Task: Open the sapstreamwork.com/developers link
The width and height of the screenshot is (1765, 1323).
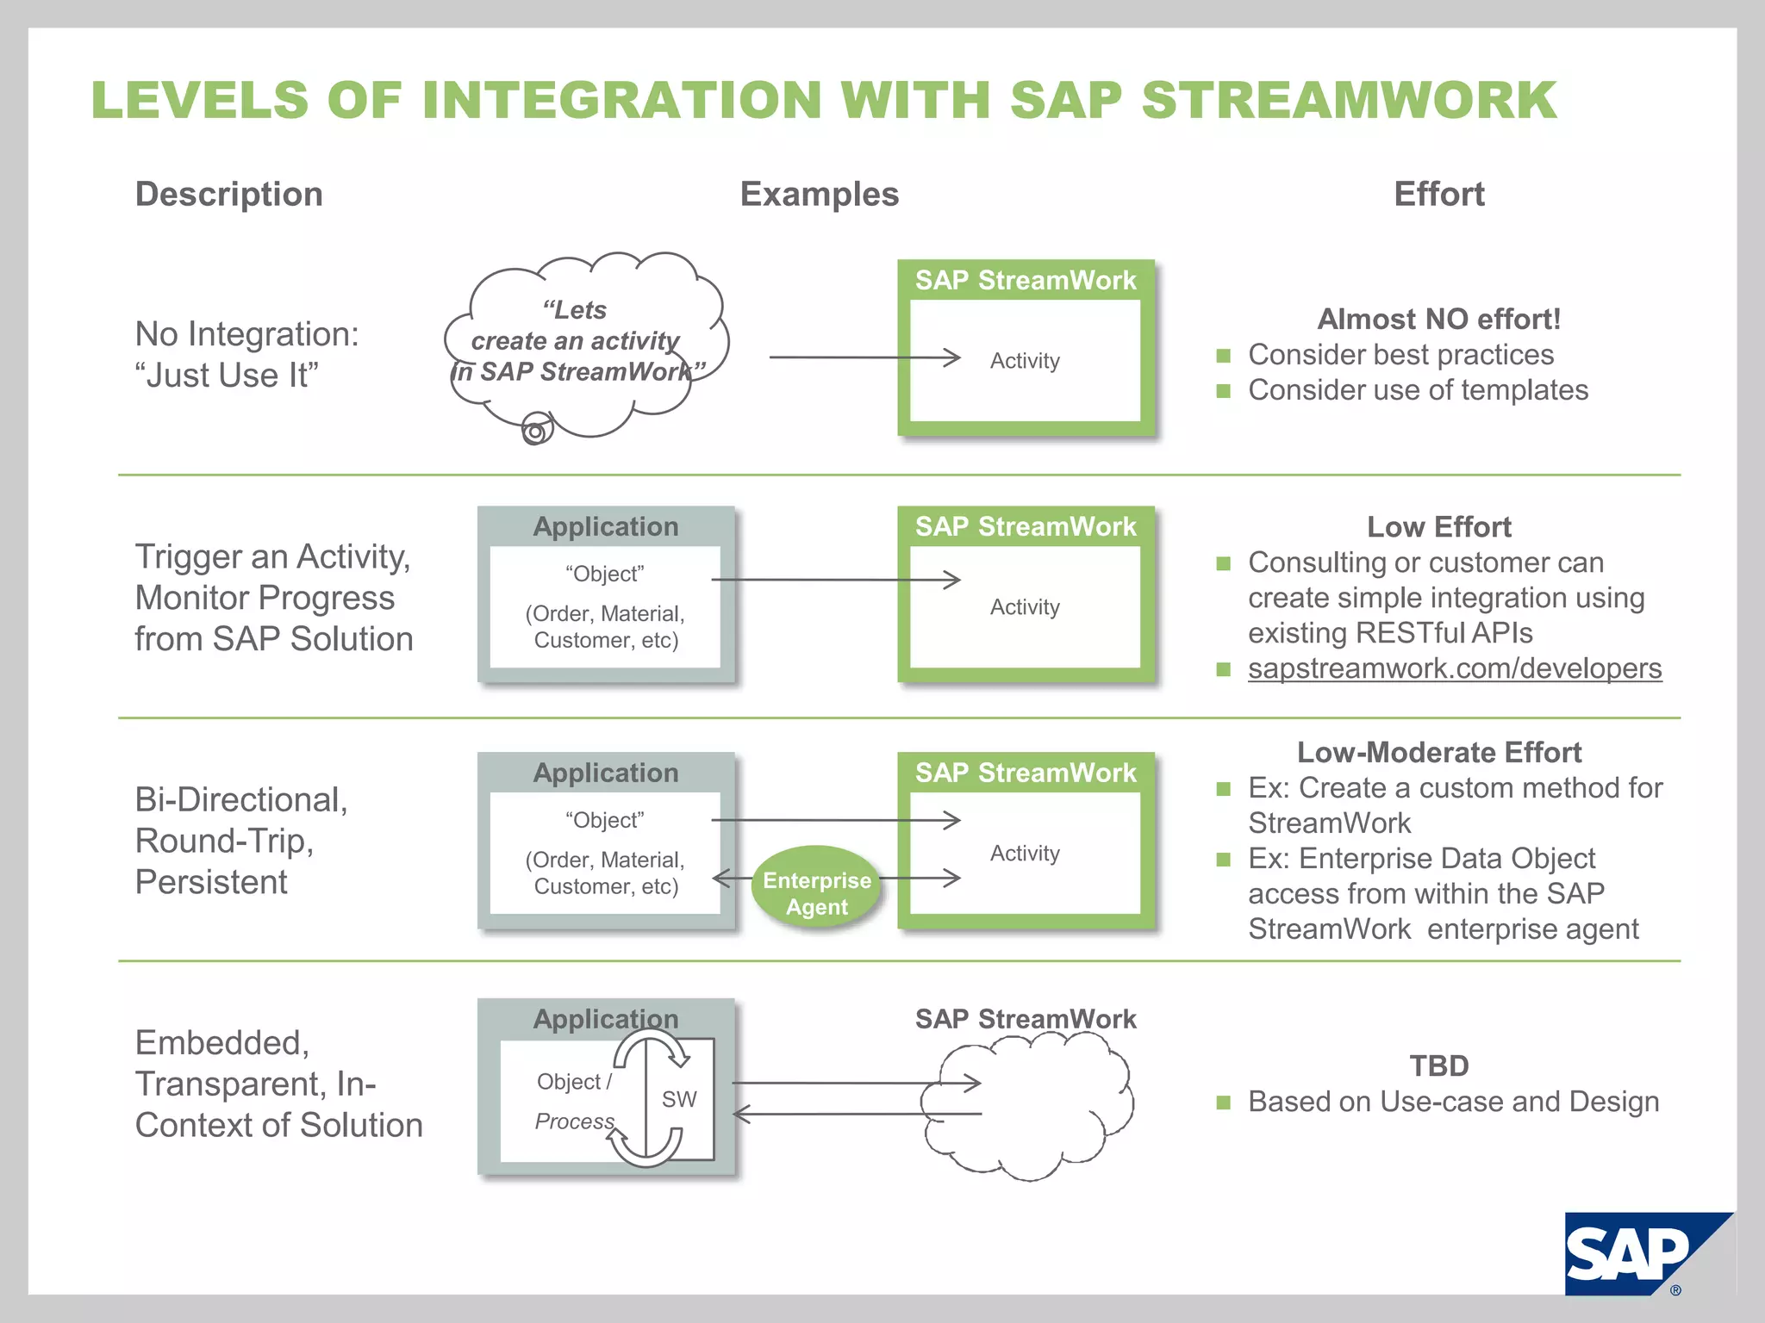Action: coord(1454,668)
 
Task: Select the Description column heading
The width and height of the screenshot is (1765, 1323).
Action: coord(228,194)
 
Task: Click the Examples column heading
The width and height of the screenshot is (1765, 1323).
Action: coord(819,194)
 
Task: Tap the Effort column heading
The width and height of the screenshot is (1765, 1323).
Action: coord(1438,194)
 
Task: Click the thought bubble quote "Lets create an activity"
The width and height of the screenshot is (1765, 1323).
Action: coord(576,341)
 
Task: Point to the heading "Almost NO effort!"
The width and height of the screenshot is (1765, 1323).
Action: coord(1438,319)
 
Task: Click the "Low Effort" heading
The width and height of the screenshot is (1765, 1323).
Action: coord(1438,526)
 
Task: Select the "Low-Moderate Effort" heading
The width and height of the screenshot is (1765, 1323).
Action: coord(1438,752)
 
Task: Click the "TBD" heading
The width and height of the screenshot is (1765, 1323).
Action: coord(1438,1065)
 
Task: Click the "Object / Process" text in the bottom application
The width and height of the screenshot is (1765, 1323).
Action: coord(574,1101)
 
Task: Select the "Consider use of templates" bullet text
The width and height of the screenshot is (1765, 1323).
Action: coord(1418,390)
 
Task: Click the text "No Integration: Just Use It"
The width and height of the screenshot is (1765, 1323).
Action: coord(246,354)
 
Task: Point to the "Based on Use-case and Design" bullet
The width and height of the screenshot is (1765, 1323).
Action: coord(1453,1102)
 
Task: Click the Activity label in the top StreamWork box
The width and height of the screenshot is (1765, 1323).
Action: coord(1025,361)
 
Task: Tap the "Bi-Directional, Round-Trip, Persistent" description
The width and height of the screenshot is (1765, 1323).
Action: coord(241,841)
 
